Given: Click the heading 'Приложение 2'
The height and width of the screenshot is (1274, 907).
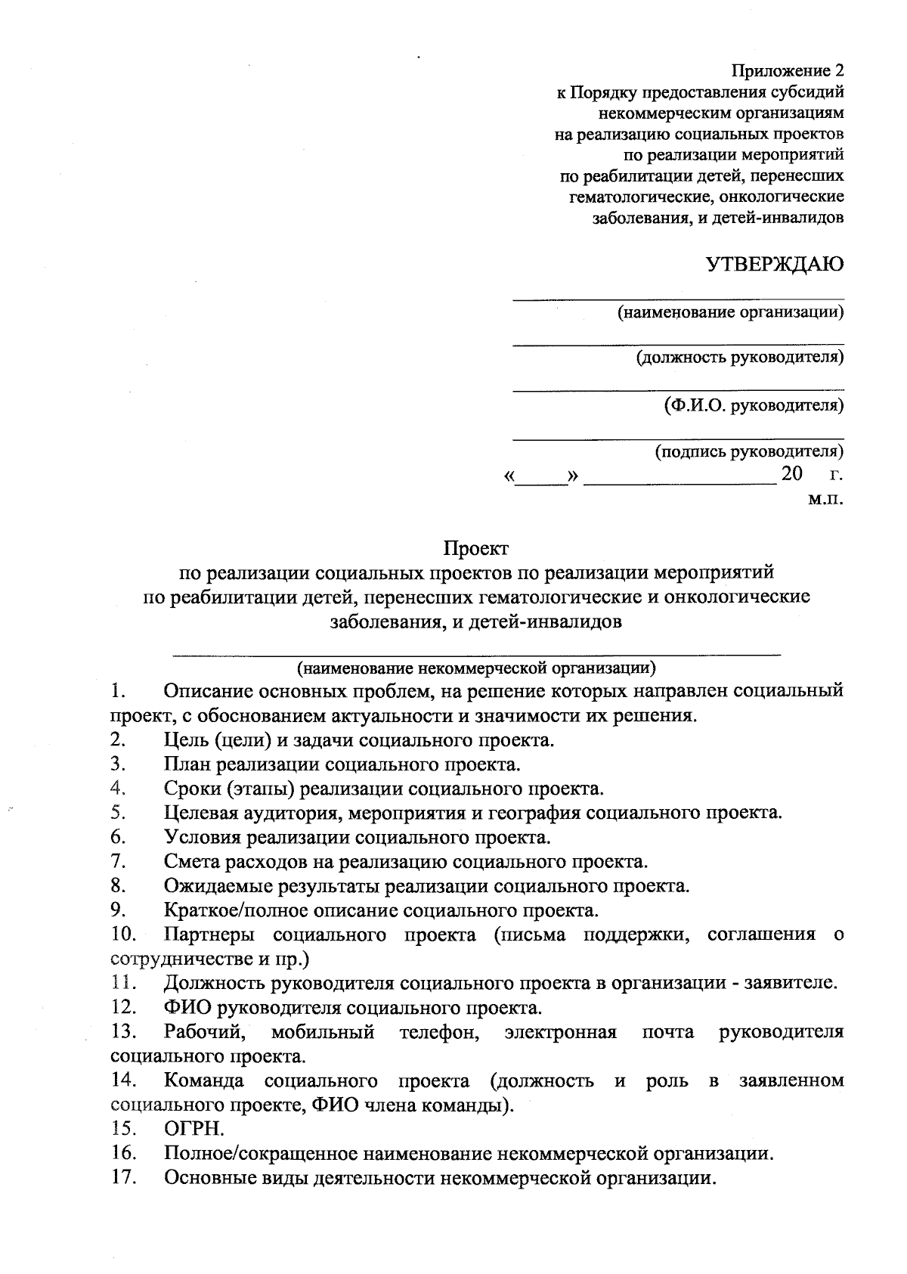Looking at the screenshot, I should (x=786, y=71).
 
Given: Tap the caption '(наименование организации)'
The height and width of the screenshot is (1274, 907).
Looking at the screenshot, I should (x=729, y=312).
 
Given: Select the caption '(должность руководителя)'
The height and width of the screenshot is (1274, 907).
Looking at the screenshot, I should (x=739, y=357).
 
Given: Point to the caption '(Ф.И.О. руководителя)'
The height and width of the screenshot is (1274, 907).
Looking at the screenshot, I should (x=753, y=405).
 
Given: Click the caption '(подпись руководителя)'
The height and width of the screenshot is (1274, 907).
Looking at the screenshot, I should (x=748, y=451).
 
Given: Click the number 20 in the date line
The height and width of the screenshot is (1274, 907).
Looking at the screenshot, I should (x=791, y=475).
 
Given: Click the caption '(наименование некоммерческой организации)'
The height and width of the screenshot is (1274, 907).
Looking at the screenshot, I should (x=476, y=668).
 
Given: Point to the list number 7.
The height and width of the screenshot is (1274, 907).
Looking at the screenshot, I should (x=117, y=860).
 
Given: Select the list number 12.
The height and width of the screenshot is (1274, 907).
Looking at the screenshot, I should (x=122, y=1007).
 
